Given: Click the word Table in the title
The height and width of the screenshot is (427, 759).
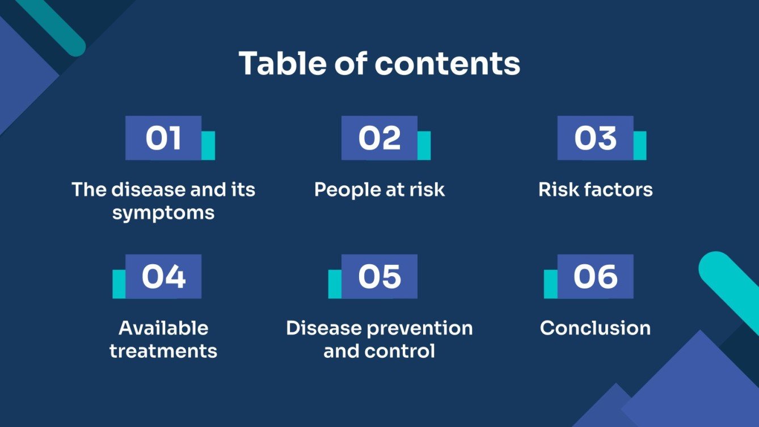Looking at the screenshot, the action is click(282, 64).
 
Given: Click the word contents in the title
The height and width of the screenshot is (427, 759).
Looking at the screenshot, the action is click(447, 64).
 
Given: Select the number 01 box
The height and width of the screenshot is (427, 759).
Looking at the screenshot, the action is click(163, 138).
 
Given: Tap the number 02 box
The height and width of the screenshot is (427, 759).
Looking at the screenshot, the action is click(379, 138).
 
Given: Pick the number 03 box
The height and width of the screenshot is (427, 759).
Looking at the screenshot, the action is click(595, 138).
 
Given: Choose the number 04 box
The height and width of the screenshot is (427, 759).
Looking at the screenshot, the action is click(163, 276).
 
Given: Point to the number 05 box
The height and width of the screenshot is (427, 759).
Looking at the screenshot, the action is click(379, 276).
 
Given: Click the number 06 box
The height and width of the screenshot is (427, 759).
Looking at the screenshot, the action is click(595, 276).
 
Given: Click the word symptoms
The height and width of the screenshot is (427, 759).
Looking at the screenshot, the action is click(163, 213).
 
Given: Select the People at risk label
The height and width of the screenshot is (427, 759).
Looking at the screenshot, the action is click(379, 189).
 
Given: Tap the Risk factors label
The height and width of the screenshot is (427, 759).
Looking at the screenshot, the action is click(595, 189).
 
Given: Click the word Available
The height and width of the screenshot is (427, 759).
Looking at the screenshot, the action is click(163, 328).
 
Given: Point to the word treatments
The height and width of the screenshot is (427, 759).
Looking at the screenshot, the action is click(163, 351).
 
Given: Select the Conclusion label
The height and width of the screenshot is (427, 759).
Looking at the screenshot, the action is click(595, 328).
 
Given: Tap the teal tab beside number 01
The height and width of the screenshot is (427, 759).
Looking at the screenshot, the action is click(208, 146).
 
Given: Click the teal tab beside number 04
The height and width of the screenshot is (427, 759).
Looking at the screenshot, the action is click(119, 284).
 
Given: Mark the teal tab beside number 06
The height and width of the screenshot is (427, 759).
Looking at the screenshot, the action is click(551, 284).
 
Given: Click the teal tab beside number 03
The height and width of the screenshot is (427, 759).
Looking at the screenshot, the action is click(640, 146).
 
